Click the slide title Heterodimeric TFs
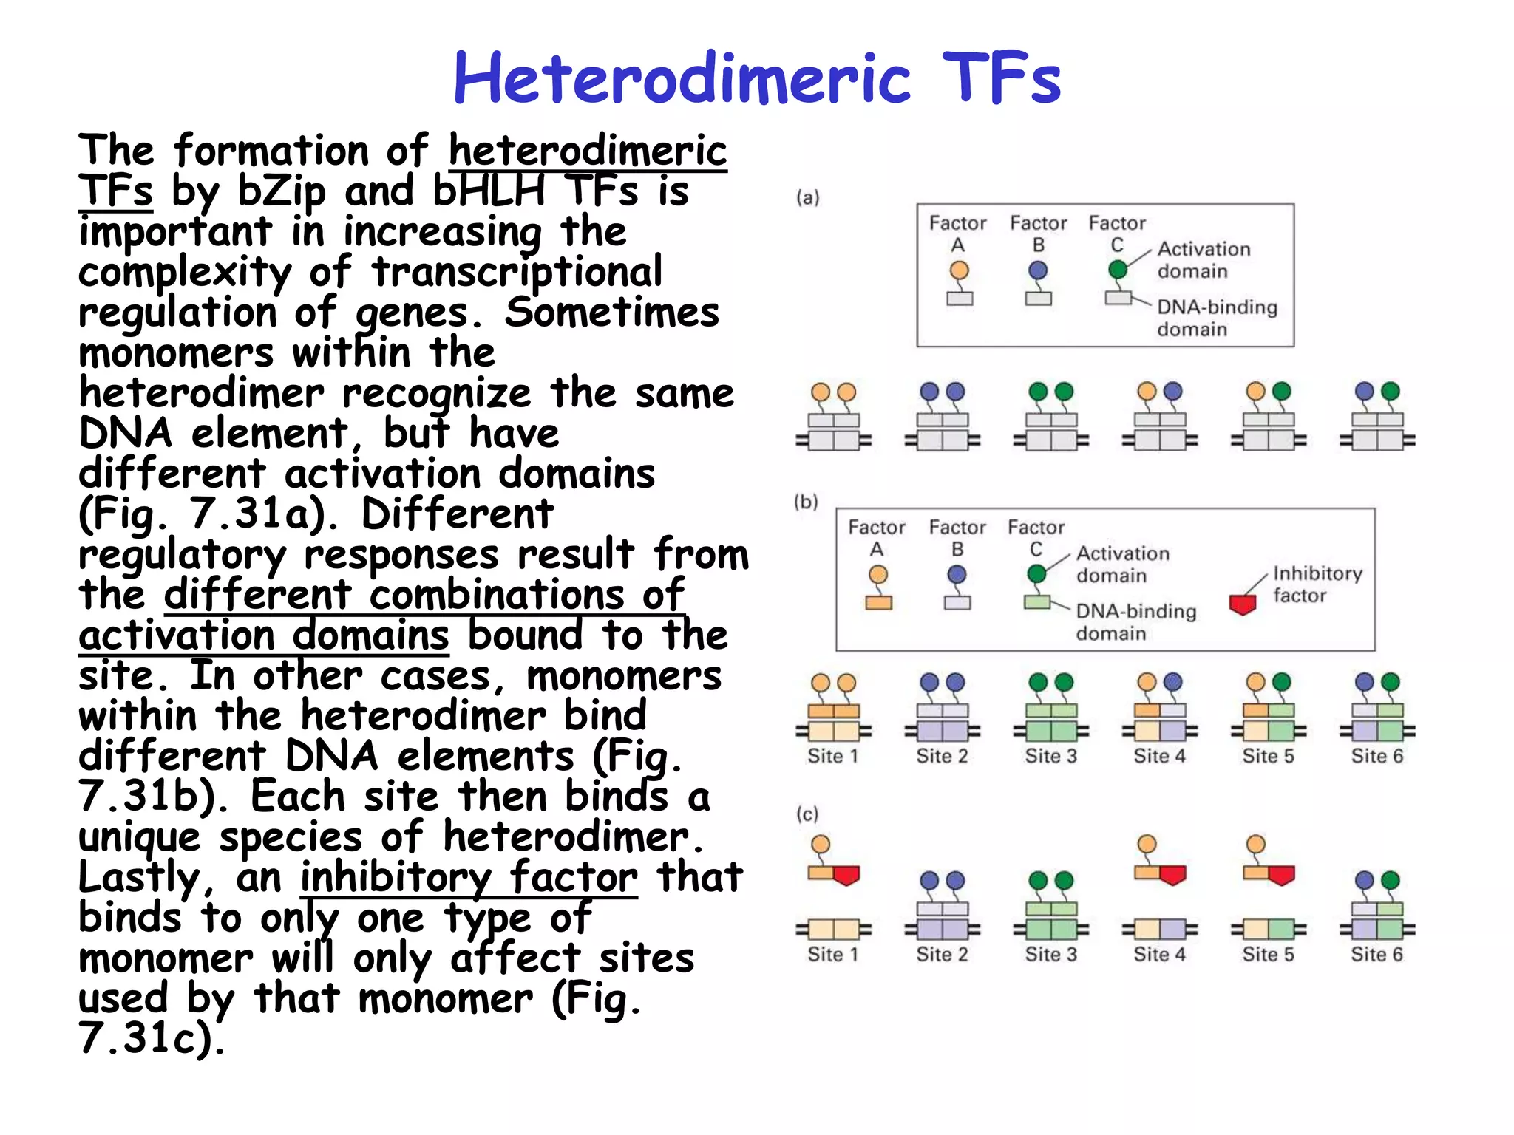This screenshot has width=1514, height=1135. coord(757,78)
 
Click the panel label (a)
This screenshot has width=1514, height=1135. coord(807,197)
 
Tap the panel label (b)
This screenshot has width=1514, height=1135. coord(806,502)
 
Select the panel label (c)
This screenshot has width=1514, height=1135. coord(807,814)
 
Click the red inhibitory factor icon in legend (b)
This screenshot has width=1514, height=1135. coord(1243,604)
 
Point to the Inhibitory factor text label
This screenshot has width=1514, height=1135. coord(1317,584)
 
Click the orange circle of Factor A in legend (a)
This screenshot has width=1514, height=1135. coord(959,270)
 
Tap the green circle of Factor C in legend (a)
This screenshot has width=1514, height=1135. coord(1118,270)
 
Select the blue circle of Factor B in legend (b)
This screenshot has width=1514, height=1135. coord(957,574)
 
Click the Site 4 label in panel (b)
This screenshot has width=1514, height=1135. coord(1159,755)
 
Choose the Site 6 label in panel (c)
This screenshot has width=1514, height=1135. coord(1376,954)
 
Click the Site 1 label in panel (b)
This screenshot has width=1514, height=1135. coord(832,755)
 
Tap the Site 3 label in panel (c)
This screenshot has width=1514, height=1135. coord(1050,954)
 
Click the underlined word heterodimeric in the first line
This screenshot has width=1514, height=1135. coord(588,150)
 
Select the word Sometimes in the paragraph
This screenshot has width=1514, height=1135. coord(611,312)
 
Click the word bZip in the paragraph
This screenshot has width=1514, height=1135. coord(281,191)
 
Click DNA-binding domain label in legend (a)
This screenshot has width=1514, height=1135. coord(1216,318)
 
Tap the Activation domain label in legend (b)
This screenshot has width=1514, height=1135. coord(1122,564)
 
